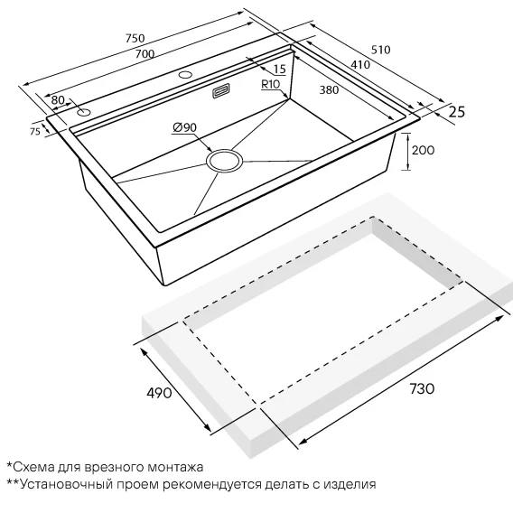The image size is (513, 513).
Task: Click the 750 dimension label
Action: coord(135,38)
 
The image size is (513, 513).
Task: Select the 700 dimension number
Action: coord(145,53)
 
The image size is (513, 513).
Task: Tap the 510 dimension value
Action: coord(381,50)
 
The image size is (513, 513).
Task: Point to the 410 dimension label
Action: coord(360,65)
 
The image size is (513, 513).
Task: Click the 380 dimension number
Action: coord(329,89)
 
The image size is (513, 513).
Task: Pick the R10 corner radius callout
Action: coord(271,84)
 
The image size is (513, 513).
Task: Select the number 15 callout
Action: coord(280,69)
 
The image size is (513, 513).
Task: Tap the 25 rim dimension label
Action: coord(457,112)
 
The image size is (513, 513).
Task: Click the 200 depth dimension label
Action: coord(423,150)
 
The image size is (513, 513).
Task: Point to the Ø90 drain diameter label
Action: coord(184,127)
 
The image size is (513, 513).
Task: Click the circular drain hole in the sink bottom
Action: coord(224,161)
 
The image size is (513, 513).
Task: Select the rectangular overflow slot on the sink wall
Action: coord(221,90)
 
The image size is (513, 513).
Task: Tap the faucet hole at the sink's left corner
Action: coord(84,113)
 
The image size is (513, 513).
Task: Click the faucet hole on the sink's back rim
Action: coord(185,75)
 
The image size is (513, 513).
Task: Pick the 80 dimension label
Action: coord(58,100)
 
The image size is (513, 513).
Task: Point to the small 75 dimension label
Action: coord(35,131)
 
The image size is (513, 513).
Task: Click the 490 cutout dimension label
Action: coord(159,393)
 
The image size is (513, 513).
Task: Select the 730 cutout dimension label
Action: coord(422,388)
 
